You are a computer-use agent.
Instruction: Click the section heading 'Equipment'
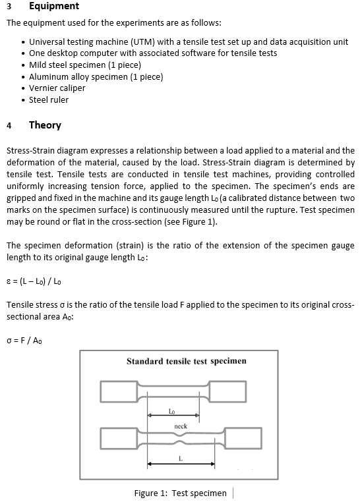coord(53,7)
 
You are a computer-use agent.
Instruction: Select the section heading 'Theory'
coord(45,125)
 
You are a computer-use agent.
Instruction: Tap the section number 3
coord(9,7)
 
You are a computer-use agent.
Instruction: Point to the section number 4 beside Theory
coord(9,125)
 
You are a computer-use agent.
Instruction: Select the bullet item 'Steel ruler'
coord(48,100)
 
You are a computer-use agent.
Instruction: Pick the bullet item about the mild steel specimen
coord(85,65)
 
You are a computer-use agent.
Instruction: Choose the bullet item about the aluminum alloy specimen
coord(96,76)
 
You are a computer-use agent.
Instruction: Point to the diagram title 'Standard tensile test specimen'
coord(186,361)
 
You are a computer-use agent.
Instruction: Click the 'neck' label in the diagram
coord(181,426)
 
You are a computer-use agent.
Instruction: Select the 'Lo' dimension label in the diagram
coord(171,411)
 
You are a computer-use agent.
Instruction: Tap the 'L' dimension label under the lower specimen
coord(180,459)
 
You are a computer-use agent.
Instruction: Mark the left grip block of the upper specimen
coord(119,391)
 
